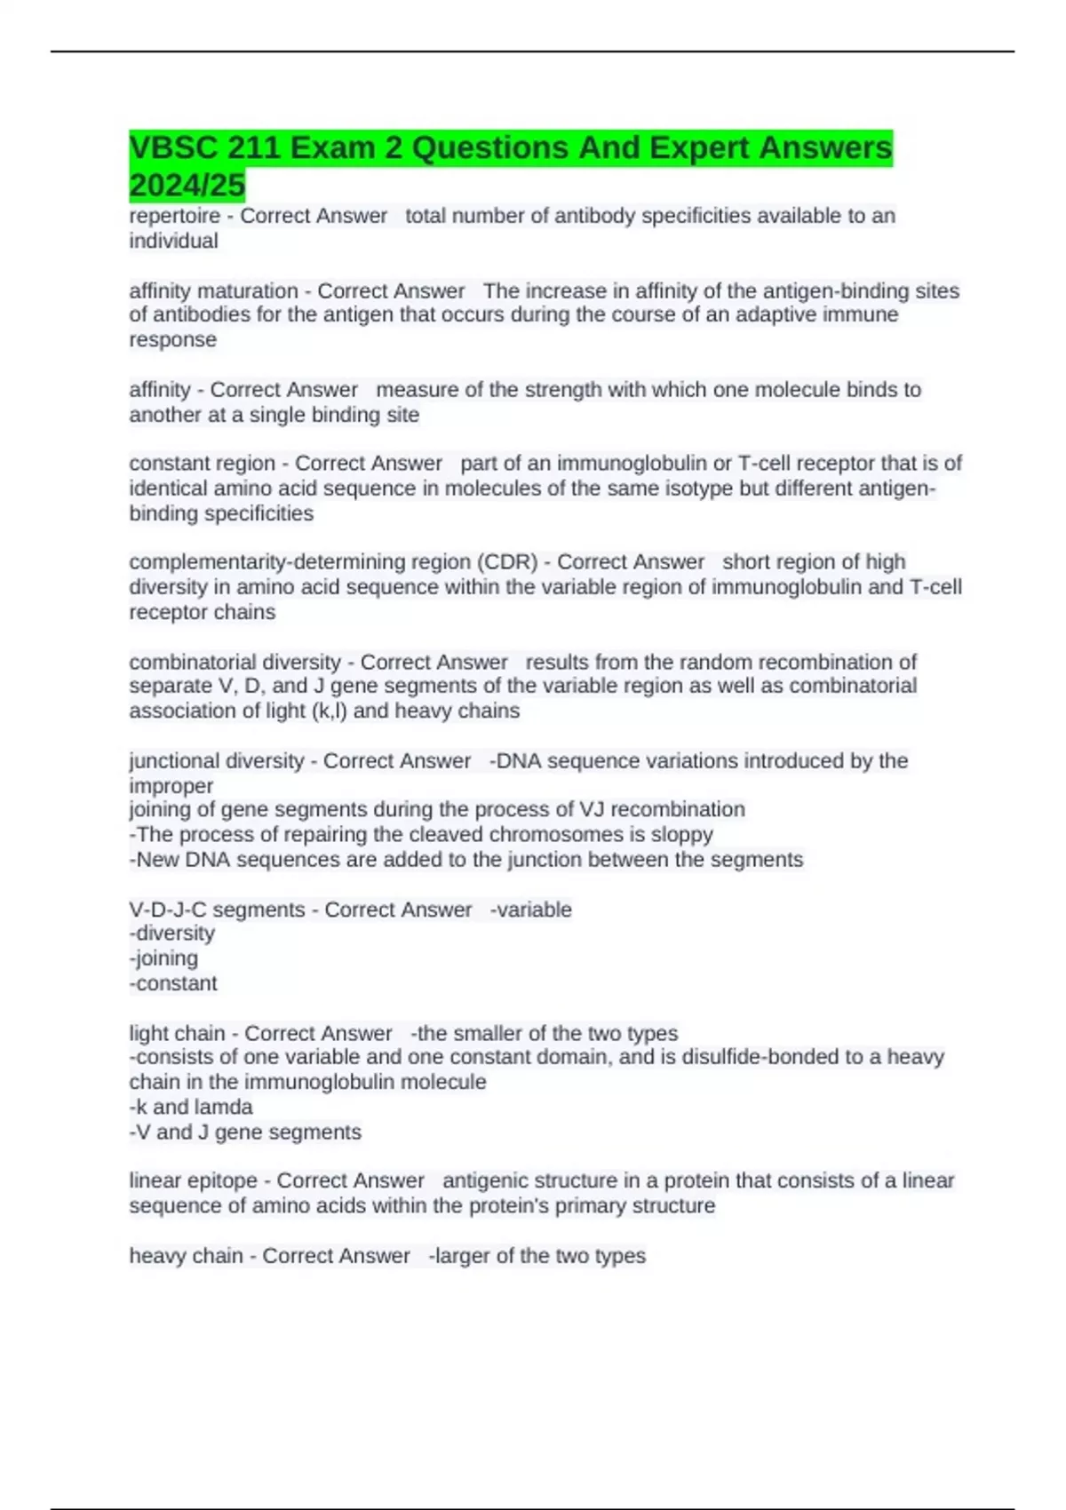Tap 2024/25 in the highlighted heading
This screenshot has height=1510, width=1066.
pos(187,186)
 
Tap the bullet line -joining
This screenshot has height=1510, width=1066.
pos(164,958)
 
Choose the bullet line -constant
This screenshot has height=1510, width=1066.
pos(173,983)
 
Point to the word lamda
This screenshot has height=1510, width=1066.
pos(224,1107)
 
